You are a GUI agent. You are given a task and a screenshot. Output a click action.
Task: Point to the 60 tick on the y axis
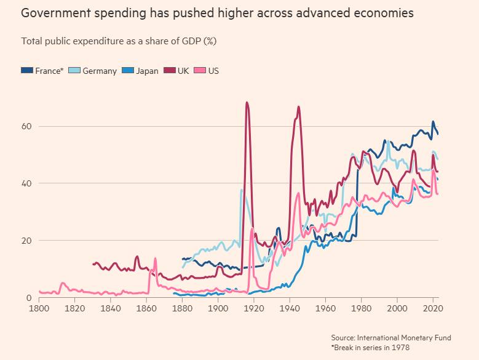pyautogui.click(x=26, y=126)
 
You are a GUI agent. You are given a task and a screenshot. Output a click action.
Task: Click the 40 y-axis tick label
pyautogui.click(x=26, y=183)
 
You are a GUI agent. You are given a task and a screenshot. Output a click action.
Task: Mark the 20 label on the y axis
pyautogui.click(x=26, y=241)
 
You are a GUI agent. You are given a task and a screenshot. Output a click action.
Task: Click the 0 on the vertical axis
pyautogui.click(x=29, y=298)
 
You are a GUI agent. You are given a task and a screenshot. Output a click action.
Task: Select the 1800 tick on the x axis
pyautogui.click(x=39, y=308)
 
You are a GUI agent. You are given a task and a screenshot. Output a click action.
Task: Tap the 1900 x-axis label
pyautogui.click(x=218, y=308)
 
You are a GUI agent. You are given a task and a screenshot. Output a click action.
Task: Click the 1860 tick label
pyautogui.click(x=146, y=308)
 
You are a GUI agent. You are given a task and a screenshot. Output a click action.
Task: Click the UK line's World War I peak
pyautogui.click(x=247, y=103)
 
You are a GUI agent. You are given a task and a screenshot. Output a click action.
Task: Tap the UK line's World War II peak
pyautogui.click(x=299, y=107)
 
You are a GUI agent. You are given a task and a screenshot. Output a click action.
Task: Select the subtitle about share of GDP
pyautogui.click(x=119, y=41)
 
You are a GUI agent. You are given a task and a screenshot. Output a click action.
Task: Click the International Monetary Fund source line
pyautogui.click(x=390, y=338)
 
